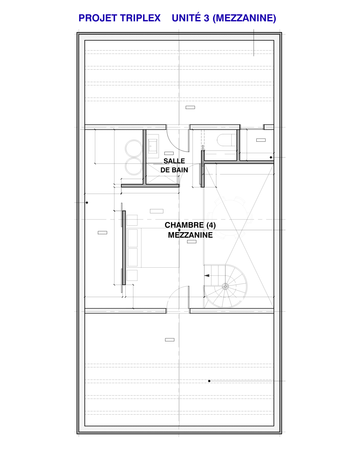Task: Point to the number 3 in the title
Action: point(206,18)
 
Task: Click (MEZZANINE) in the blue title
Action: point(244,18)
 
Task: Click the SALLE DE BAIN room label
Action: point(174,165)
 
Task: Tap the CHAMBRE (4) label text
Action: point(190,225)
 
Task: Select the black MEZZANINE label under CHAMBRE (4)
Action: point(190,235)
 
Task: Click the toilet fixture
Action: point(227,140)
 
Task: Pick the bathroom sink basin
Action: point(153,146)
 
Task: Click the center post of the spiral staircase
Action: point(225,286)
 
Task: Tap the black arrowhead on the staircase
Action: point(207,276)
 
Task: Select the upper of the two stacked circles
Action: point(134,148)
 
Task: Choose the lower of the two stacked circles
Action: point(134,166)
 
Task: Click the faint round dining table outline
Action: point(230,218)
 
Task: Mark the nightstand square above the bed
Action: point(132,220)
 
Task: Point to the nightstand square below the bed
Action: point(132,275)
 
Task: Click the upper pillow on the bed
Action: point(133,238)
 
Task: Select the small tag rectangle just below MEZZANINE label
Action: point(192,242)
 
